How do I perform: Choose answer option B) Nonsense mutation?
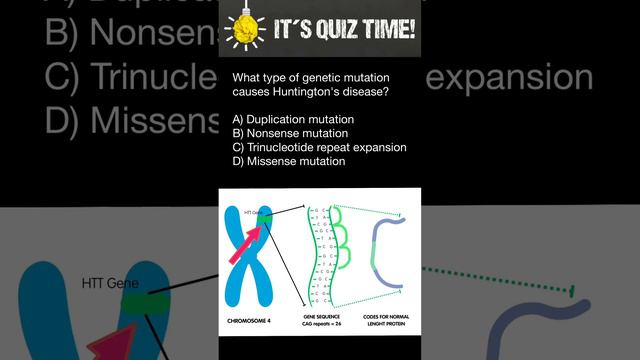tap(289, 133)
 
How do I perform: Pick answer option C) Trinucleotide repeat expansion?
tap(319, 147)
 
